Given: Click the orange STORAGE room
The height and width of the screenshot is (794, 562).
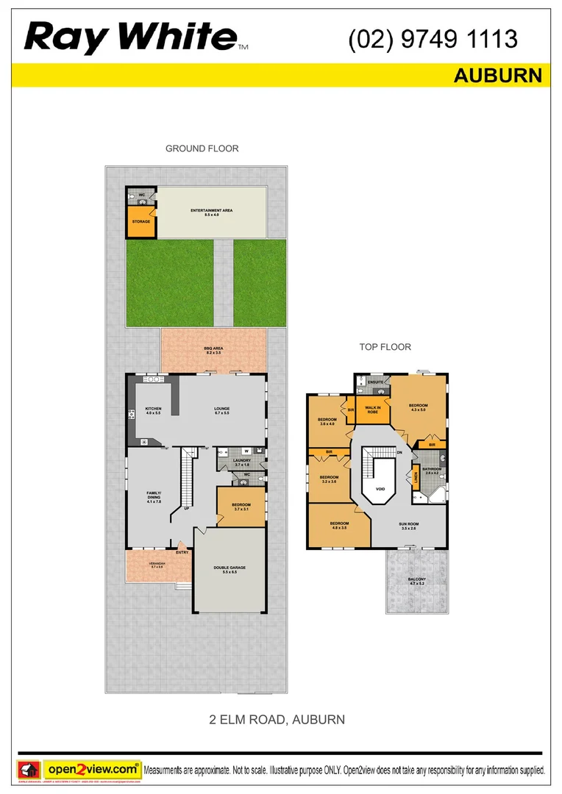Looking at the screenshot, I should tap(140, 221).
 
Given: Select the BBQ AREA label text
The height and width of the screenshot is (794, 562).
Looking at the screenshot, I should tap(213, 350).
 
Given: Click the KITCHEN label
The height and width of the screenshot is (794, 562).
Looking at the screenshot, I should tap(153, 409).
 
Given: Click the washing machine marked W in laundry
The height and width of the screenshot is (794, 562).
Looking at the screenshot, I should tap(247, 451).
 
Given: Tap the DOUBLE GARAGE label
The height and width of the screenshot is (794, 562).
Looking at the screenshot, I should tap(230, 569).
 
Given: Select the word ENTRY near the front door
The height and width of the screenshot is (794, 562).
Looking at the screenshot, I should tap(182, 552).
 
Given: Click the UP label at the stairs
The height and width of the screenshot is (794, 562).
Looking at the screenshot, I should tap(188, 508).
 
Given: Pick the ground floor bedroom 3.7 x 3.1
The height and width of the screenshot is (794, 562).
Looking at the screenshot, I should tap(241, 507).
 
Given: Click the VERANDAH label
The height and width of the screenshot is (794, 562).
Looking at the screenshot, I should tap(158, 565).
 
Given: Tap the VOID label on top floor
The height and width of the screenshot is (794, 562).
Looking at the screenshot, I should tap(380, 487).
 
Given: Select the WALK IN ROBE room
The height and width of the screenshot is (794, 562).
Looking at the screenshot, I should tap(372, 409).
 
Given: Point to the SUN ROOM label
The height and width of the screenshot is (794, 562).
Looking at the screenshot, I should tap(408, 526).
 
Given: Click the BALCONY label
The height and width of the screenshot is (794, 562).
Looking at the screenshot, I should tap(416, 581).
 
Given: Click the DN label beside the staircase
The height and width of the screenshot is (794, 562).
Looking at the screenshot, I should tap(399, 453).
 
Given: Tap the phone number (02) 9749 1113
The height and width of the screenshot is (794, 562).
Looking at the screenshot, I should tap(433, 38).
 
